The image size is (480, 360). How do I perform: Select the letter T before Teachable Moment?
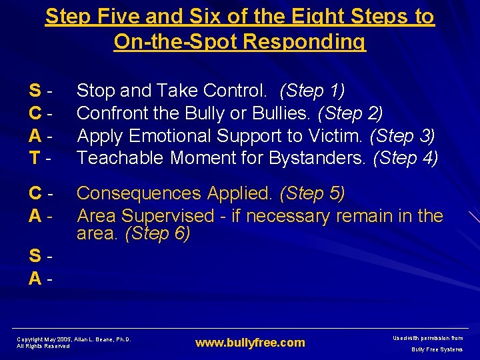(x=35, y=158)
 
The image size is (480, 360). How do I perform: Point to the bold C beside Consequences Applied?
(x=35, y=193)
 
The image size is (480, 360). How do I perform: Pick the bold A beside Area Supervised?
(x=35, y=216)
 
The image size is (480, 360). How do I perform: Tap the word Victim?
(x=337, y=136)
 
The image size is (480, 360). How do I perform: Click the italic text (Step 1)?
(x=312, y=90)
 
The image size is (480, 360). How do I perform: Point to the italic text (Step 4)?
(x=405, y=158)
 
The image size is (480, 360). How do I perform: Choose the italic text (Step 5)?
(x=312, y=193)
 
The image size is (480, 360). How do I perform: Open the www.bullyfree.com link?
(x=249, y=343)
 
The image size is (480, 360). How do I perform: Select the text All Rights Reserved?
(x=43, y=346)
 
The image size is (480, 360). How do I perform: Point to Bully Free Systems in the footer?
(x=437, y=349)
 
